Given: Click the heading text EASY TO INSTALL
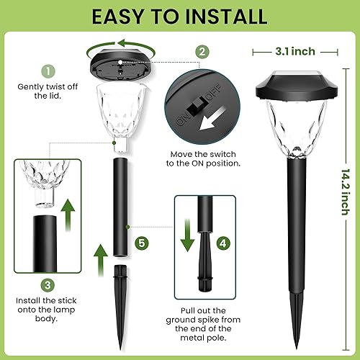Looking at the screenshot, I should (180, 16).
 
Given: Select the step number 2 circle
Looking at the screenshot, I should (203, 51).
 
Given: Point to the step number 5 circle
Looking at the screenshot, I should (142, 243).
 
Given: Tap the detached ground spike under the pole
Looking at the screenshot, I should (120, 296).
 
